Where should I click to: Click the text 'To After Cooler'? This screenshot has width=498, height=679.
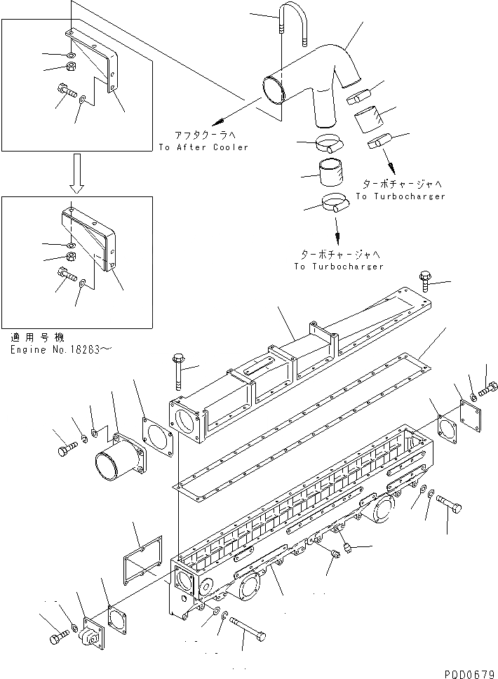203,147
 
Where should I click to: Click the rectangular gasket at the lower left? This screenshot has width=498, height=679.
143,558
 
